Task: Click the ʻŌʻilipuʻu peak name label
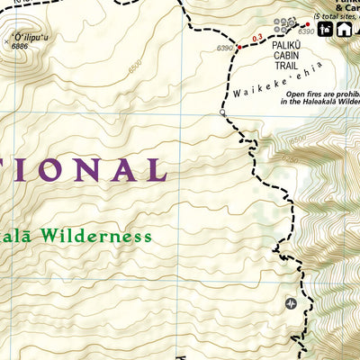click(24, 38)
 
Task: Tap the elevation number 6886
click(21, 46)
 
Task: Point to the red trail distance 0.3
click(257, 38)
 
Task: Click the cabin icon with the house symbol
click(344, 29)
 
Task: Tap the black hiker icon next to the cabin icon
click(327, 29)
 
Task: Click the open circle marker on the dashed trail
click(222, 113)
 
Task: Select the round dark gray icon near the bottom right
click(291, 303)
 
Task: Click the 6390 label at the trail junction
click(225, 47)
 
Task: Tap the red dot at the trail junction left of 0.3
click(239, 45)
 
